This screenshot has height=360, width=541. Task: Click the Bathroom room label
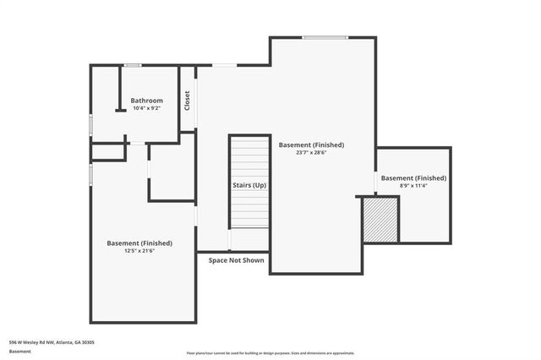click(x=146, y=101)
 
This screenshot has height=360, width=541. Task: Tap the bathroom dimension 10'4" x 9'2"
click(x=146, y=108)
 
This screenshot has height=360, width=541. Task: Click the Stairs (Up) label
click(x=249, y=184)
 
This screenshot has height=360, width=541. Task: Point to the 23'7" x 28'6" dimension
click(x=311, y=153)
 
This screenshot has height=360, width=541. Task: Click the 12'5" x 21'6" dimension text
click(x=139, y=251)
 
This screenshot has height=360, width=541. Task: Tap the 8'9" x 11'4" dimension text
click(x=413, y=186)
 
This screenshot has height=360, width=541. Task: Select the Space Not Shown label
click(x=236, y=260)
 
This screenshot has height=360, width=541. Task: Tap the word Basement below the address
click(x=19, y=351)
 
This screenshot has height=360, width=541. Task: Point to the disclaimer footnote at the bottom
click(x=270, y=353)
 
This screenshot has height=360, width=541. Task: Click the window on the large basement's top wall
click(x=325, y=37)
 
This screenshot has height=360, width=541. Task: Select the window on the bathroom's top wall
click(x=133, y=65)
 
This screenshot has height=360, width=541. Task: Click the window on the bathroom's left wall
click(x=91, y=124)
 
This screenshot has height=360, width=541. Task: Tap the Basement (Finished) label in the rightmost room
click(x=413, y=178)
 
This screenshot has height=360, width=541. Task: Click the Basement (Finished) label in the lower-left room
click(x=139, y=243)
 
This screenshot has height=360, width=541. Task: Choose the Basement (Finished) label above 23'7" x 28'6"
click(x=311, y=145)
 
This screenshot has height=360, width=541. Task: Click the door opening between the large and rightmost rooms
click(x=376, y=183)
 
